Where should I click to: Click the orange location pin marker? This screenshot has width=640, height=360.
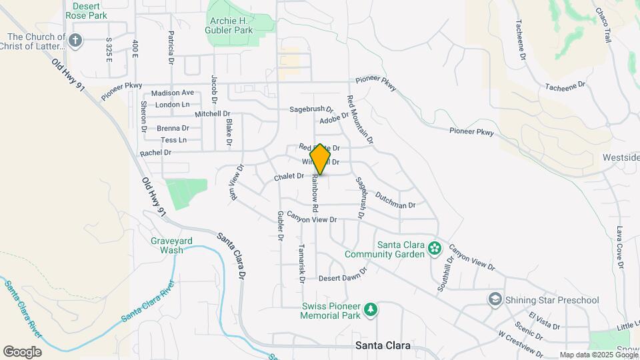321,159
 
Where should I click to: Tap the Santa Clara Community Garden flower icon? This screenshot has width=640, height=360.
435,249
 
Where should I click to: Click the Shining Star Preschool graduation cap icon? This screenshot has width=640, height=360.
495,299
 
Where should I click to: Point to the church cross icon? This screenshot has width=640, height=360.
75,41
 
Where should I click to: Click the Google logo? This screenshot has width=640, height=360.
21,351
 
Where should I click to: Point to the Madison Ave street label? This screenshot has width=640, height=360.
172,93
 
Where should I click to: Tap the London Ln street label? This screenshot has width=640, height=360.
172,105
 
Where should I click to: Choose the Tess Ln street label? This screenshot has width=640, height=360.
173,140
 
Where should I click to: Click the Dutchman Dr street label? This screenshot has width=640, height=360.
395,201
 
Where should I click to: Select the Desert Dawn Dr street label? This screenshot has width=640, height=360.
343,277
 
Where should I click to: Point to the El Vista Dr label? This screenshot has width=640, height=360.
544,320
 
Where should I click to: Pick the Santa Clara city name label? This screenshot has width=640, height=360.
383,346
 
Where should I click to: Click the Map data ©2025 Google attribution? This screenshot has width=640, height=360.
599,354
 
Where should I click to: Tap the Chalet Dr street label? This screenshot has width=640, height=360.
289,177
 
